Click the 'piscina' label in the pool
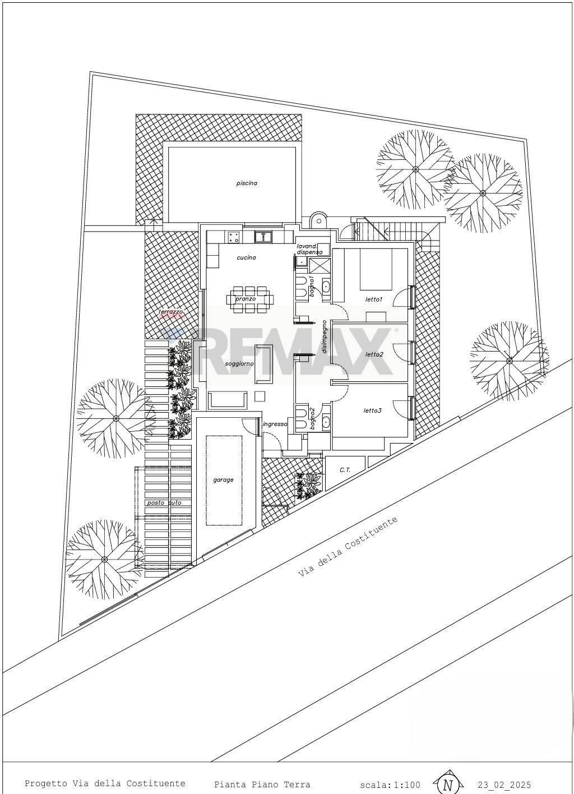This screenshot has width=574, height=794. coord(247,183)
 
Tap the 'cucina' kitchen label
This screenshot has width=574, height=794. coord(246,257)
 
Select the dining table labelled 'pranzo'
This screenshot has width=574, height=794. coord(249,299)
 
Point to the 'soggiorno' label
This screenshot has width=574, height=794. coord(239,363)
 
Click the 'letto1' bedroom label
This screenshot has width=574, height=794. coord(373,299)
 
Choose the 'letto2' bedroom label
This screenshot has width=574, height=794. coord(374,354)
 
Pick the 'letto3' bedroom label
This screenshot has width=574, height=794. coord(372,410)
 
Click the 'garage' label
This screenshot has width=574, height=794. coord(223,479)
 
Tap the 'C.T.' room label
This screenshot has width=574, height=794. coord(345,469)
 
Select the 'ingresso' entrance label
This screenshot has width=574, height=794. coord(275,424)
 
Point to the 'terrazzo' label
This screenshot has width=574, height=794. coord(170,312)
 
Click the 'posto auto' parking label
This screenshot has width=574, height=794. coord(164,502)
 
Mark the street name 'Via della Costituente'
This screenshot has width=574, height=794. coord(348,547)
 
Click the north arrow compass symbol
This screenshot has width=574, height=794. coord(447,784)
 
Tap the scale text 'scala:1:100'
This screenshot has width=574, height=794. coord(390,784)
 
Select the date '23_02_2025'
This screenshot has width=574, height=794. coord(504,784)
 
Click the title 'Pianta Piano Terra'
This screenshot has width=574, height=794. coord(262,784)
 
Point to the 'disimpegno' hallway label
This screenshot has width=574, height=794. coord(324,336)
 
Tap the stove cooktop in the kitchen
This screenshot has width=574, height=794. coord(234,237)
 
